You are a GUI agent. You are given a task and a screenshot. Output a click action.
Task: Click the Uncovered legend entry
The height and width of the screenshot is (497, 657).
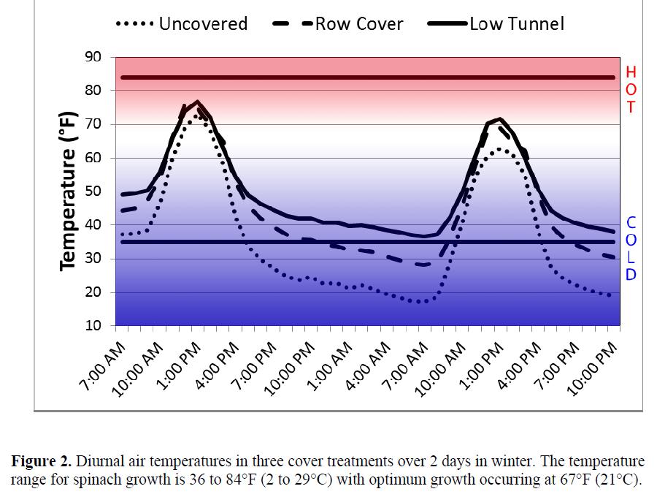[182, 23]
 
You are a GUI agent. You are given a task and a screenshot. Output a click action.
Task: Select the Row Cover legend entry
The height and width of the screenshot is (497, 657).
[340, 23]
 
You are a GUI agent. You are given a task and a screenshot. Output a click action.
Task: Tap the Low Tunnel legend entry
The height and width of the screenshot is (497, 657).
[504, 23]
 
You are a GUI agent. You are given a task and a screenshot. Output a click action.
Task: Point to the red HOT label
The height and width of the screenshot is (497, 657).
[631, 89]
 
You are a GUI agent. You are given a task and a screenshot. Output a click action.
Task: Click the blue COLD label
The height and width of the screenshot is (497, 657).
[631, 248]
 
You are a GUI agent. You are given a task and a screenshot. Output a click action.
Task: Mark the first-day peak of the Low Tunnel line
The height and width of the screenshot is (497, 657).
[197, 102]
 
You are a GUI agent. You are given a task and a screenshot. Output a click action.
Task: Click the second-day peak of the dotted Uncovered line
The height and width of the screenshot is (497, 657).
[499, 149]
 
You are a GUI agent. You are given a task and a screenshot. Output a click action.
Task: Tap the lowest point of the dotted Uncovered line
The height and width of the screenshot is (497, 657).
[419, 301]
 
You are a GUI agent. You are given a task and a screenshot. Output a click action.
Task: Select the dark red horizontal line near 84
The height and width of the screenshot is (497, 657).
[365, 77]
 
